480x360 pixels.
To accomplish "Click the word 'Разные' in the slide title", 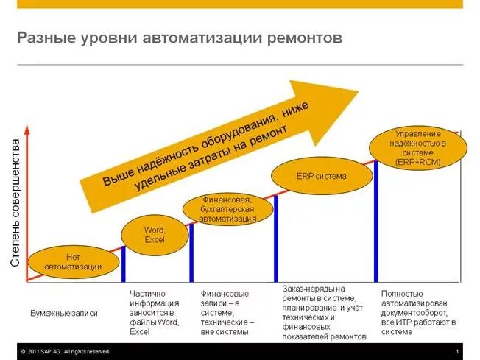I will click(43, 38).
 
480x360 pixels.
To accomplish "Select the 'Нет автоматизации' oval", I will click(73, 261).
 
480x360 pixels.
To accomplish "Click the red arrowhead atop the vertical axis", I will click(27, 129).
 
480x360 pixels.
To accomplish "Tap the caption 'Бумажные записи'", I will click(64, 313).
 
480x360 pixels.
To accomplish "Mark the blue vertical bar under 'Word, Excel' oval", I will click(123, 263).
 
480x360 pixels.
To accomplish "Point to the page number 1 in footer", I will click(457, 351).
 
